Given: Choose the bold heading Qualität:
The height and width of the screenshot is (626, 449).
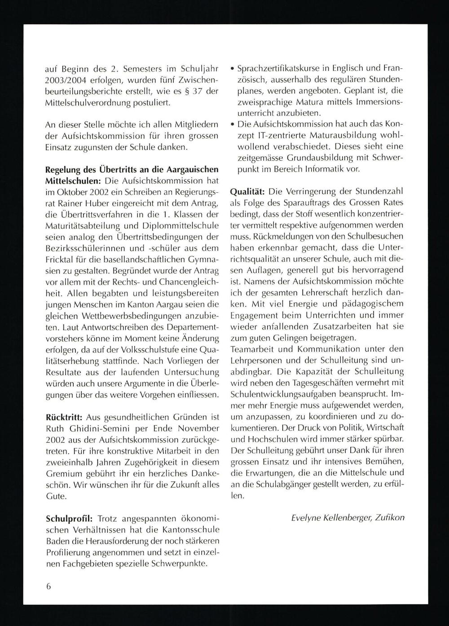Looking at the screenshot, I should [x=247, y=191].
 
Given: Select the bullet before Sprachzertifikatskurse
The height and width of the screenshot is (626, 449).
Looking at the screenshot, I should [x=232, y=69].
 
